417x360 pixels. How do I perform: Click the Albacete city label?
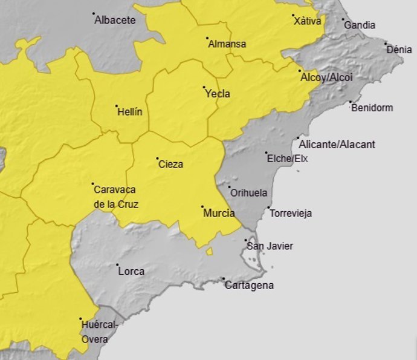[x=115, y=20]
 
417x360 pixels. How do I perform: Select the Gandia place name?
[x=360, y=25]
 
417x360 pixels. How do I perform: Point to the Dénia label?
[x=399, y=50]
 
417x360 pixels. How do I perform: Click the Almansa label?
[x=227, y=44]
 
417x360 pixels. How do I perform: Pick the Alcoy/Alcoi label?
[x=326, y=77]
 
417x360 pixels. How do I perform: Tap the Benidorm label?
[x=372, y=108]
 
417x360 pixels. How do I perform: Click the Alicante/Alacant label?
[x=337, y=144]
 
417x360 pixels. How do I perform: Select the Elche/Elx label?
[x=287, y=159]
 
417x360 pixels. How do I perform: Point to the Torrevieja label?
[x=291, y=214]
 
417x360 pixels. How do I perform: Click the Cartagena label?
[x=249, y=286]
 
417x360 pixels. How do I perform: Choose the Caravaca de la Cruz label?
[x=116, y=197]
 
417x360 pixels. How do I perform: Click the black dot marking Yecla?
[x=204, y=88]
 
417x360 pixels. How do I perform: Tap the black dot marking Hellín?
[x=117, y=106]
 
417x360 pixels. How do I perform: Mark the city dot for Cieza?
[x=157, y=159]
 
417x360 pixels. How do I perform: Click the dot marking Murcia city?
[x=202, y=207]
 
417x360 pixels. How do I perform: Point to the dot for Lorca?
[x=117, y=265]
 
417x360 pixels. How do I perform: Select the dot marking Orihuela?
[x=230, y=188]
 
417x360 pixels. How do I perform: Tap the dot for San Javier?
[x=246, y=240]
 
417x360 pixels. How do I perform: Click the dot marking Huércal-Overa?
[x=80, y=319]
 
